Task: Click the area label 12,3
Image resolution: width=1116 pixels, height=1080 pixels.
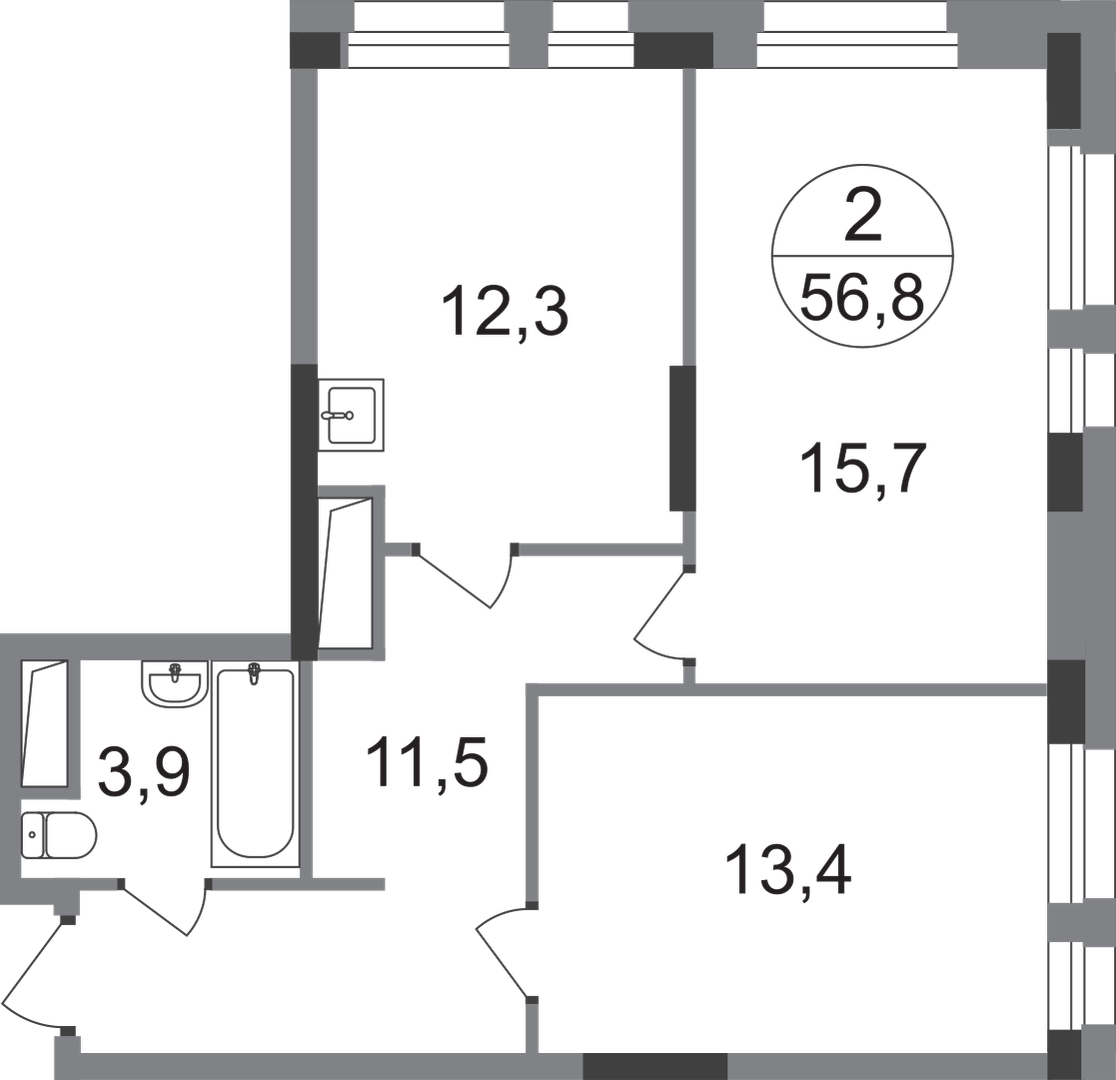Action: pyautogui.click(x=505, y=313)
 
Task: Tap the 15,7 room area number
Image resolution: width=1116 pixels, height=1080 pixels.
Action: pyautogui.click(x=863, y=468)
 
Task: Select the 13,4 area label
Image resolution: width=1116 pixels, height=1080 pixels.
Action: pyautogui.click(x=788, y=869)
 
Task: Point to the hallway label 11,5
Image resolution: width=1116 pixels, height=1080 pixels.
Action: pyautogui.click(x=427, y=761)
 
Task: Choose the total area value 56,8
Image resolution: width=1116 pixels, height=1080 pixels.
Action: pyautogui.click(x=862, y=298)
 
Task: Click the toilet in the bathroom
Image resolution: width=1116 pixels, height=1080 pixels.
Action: pyautogui.click(x=58, y=835)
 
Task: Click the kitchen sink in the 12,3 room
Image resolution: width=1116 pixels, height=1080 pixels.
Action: pyautogui.click(x=351, y=415)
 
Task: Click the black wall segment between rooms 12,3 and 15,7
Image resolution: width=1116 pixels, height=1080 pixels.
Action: pyautogui.click(x=683, y=438)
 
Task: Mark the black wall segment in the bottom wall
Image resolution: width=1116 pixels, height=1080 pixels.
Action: pyautogui.click(x=655, y=1066)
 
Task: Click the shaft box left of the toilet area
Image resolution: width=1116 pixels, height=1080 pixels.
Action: pyautogui.click(x=44, y=724)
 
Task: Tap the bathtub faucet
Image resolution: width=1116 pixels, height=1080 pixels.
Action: pyautogui.click(x=254, y=673)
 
